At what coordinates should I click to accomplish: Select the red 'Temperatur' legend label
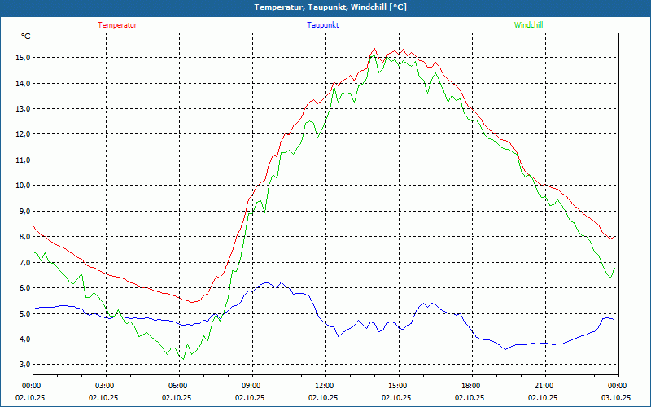117,25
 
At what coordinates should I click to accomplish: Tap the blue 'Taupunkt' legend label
323,25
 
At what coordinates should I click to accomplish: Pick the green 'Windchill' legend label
528,25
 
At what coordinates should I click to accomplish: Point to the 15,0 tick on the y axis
21,58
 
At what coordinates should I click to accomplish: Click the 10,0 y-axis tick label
21,186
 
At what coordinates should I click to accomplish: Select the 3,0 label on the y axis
21,365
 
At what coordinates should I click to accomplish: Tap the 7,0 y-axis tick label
21,262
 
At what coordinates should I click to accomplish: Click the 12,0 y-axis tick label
21,134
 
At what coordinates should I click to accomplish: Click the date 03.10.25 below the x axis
616,398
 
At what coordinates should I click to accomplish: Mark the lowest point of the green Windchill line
182,359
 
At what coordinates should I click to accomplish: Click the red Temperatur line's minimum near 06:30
194,302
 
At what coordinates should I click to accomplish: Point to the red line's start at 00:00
33,226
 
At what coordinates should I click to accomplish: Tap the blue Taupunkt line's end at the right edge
614,320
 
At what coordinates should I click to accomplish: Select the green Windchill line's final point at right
615,267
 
